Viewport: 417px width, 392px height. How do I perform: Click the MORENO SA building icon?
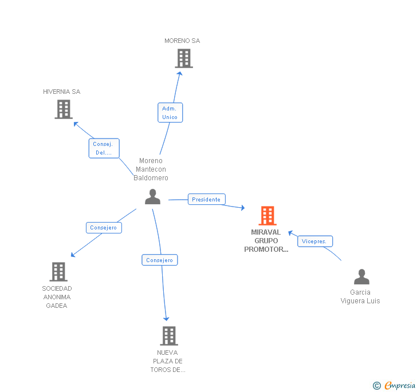[x=184, y=58]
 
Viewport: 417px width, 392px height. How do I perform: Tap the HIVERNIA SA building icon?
[x=64, y=109]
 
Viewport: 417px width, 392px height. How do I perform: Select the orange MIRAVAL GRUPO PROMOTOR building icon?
[x=267, y=216]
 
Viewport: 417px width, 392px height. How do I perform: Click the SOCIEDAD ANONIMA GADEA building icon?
[x=58, y=272]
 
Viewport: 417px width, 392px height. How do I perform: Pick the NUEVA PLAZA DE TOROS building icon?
[x=168, y=336]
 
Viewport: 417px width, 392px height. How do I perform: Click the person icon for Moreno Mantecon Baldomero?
[x=152, y=197]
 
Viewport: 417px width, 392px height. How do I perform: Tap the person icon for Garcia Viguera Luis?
[x=361, y=277]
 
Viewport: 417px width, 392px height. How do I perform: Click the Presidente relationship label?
[x=206, y=199]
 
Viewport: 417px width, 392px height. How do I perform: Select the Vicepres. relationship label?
[x=314, y=241]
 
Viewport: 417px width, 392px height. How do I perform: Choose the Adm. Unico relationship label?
[x=170, y=113]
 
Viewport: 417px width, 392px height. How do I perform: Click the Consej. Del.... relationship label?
[x=104, y=148]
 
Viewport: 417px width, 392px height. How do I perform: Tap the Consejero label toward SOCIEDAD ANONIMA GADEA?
[x=104, y=227]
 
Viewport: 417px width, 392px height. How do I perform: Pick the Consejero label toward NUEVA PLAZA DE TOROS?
[x=160, y=260]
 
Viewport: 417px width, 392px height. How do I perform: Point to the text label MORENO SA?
[x=182, y=41]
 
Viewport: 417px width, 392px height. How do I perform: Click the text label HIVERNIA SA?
[x=62, y=92]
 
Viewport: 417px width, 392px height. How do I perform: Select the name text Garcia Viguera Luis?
[x=360, y=296]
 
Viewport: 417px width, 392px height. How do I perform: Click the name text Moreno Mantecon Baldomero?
[x=151, y=169]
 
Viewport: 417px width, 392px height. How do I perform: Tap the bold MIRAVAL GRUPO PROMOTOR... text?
[x=266, y=241]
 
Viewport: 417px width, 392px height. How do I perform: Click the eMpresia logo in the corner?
[x=400, y=386]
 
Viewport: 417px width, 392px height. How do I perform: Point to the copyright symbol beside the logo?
[x=377, y=386]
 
